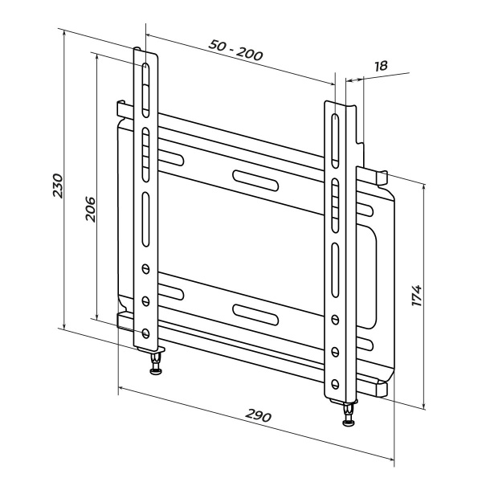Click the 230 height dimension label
pos(57,186)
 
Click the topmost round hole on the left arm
pos(145,268)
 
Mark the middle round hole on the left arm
pos(145,300)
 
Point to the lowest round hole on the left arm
pos(145,332)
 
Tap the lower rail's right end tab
pos(381,387)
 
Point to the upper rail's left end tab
pos(121,108)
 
